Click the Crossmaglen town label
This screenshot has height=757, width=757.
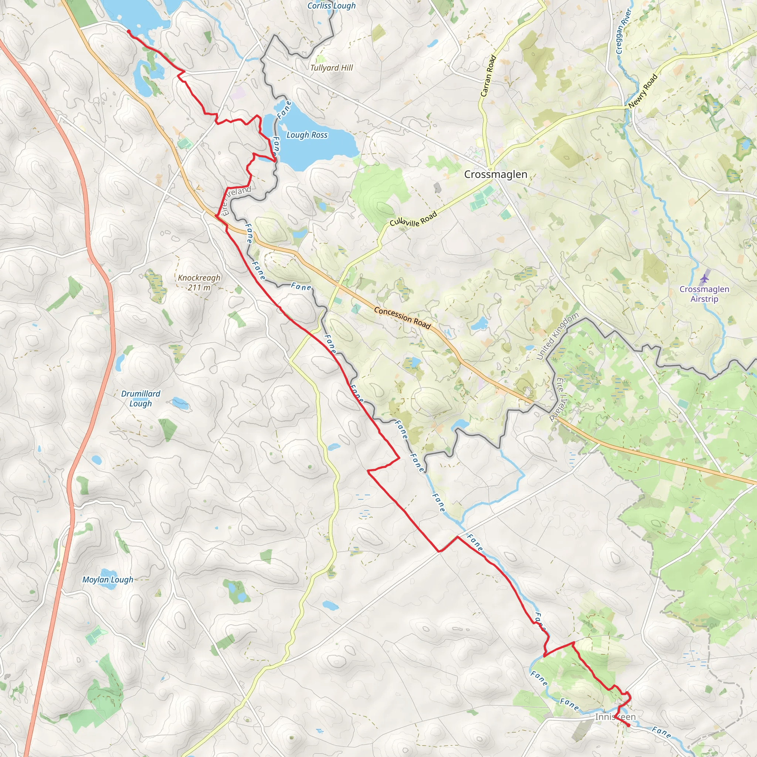click(495, 174)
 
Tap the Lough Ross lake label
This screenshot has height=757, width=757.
click(307, 135)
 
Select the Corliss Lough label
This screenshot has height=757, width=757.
click(331, 6)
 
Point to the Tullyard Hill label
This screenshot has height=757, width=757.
click(332, 68)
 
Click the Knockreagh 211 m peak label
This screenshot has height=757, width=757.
click(199, 282)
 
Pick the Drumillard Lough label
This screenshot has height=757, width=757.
click(141, 398)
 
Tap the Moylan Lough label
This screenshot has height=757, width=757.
click(108, 580)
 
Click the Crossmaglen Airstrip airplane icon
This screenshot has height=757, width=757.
click(705, 279)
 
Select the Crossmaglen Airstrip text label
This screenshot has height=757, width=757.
click(704, 294)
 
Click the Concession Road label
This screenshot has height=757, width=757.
click(402, 318)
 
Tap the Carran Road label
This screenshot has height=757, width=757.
click(488, 76)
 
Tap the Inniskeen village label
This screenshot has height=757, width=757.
click(615, 717)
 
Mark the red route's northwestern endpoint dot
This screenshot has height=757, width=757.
click(129, 31)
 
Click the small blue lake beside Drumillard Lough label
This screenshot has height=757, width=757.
click(180, 402)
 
